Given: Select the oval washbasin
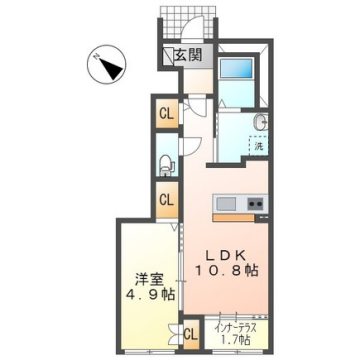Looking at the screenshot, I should (259, 123).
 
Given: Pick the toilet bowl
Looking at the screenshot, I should (166, 159).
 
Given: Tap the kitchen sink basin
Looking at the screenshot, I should (226, 204).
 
